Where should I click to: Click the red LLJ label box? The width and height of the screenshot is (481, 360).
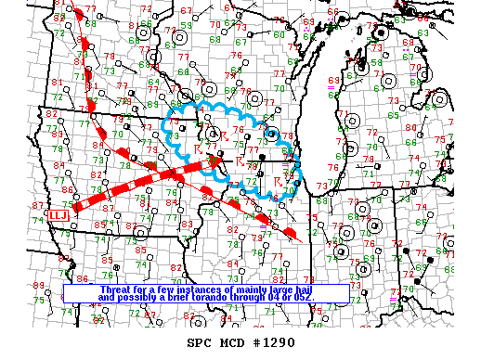[x=58, y=214]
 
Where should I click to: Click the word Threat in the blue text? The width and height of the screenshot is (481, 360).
[x=114, y=289]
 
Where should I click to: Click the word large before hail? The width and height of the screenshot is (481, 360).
[x=277, y=289]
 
